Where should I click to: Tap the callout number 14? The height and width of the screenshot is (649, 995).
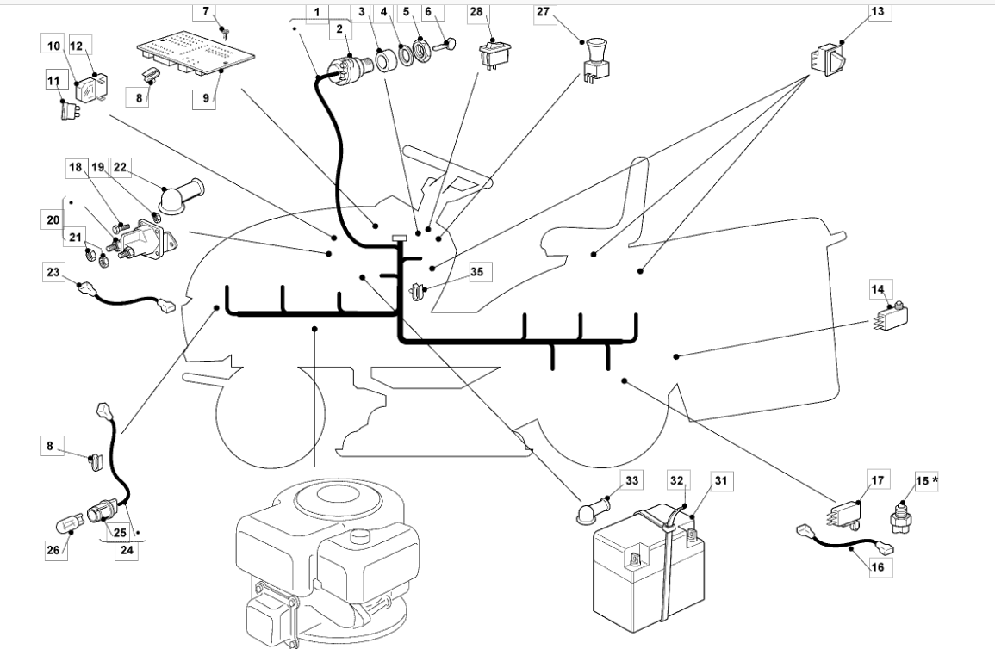coord(881,290)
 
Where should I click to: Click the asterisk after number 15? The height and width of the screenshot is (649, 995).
coord(936,479)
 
